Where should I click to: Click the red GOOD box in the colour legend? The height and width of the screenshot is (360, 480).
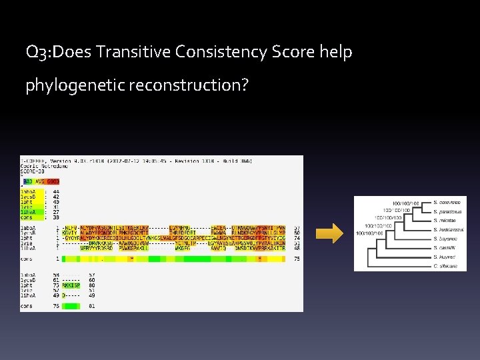tap(53, 181)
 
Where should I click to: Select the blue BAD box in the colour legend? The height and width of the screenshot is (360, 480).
tap(28, 181)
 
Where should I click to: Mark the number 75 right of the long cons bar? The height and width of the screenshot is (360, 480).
tap(296, 258)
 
